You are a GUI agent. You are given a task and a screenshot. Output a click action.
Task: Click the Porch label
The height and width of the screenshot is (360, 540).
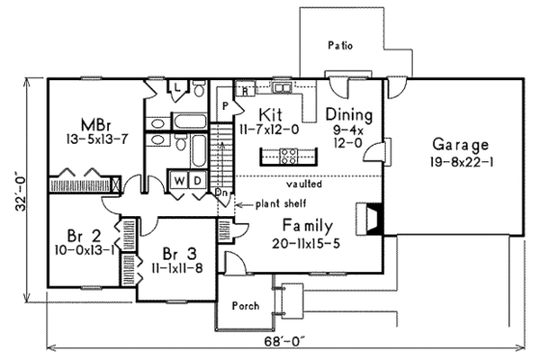point(243,307)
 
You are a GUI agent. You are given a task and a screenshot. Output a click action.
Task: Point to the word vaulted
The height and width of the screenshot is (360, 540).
point(303,181)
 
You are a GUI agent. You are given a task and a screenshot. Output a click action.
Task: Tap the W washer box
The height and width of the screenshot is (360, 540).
point(180,180)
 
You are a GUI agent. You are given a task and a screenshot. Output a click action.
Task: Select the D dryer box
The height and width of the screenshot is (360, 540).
point(198,180)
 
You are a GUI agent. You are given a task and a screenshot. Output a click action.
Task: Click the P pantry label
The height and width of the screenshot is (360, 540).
point(225,103)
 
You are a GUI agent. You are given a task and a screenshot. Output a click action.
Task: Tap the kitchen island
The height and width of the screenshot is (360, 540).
point(295,152)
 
